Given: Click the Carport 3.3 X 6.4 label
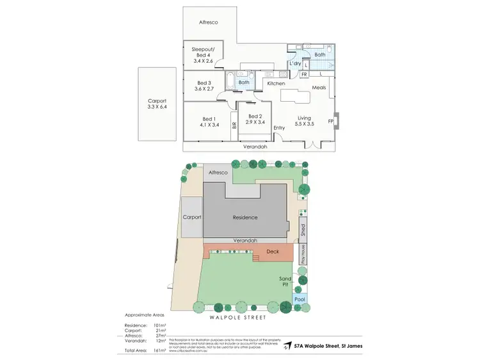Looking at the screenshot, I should point(157,104).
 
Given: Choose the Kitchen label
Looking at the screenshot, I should point(276,84).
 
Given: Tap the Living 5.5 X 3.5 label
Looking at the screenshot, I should point(304,121).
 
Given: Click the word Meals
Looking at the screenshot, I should point(319,88).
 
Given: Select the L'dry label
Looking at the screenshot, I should point(295,64).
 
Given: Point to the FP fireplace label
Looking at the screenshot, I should point(331,121).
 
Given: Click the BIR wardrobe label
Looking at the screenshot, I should point(234,126).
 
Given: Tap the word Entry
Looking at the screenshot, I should point(279,128).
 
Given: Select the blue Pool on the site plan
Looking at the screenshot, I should point(300,299).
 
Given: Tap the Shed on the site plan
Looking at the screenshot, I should point(303,230).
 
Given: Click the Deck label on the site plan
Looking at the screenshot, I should point(273,253).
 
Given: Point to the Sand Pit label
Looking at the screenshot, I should point(285,281).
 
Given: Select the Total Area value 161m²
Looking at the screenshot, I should point(160,350).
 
